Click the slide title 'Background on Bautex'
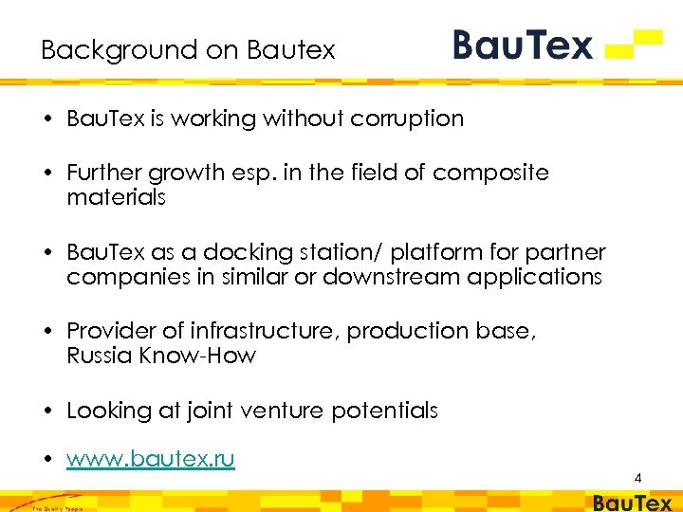pos(188,49)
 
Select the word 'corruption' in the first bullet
pos(408,119)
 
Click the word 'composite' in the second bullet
pos(490,173)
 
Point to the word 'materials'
pos(117,197)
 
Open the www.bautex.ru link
pos(151,459)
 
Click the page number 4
pos(638,478)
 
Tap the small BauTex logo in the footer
pos(632,503)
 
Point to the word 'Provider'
pos(111,331)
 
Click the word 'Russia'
pos(98,356)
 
